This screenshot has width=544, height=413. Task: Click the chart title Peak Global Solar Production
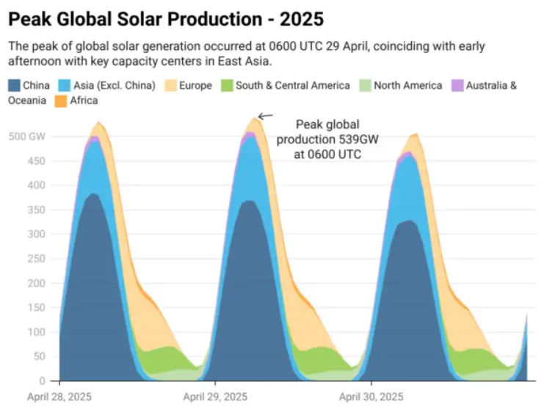(166, 18)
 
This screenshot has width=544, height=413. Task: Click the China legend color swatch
(14, 85)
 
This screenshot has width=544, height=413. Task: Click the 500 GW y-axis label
(26, 136)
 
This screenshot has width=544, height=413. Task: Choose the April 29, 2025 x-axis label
(215, 397)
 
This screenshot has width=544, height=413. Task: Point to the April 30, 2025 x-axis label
(371, 397)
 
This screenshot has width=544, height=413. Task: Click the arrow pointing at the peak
(265, 115)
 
